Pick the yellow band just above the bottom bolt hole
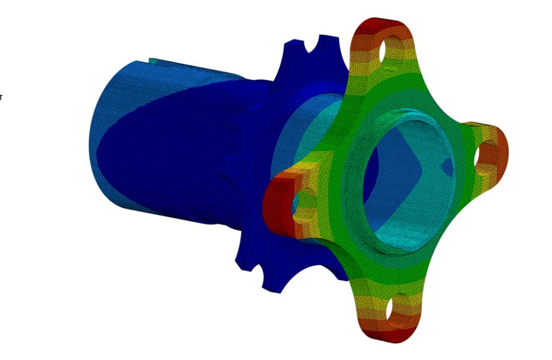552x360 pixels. tap(384, 288)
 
